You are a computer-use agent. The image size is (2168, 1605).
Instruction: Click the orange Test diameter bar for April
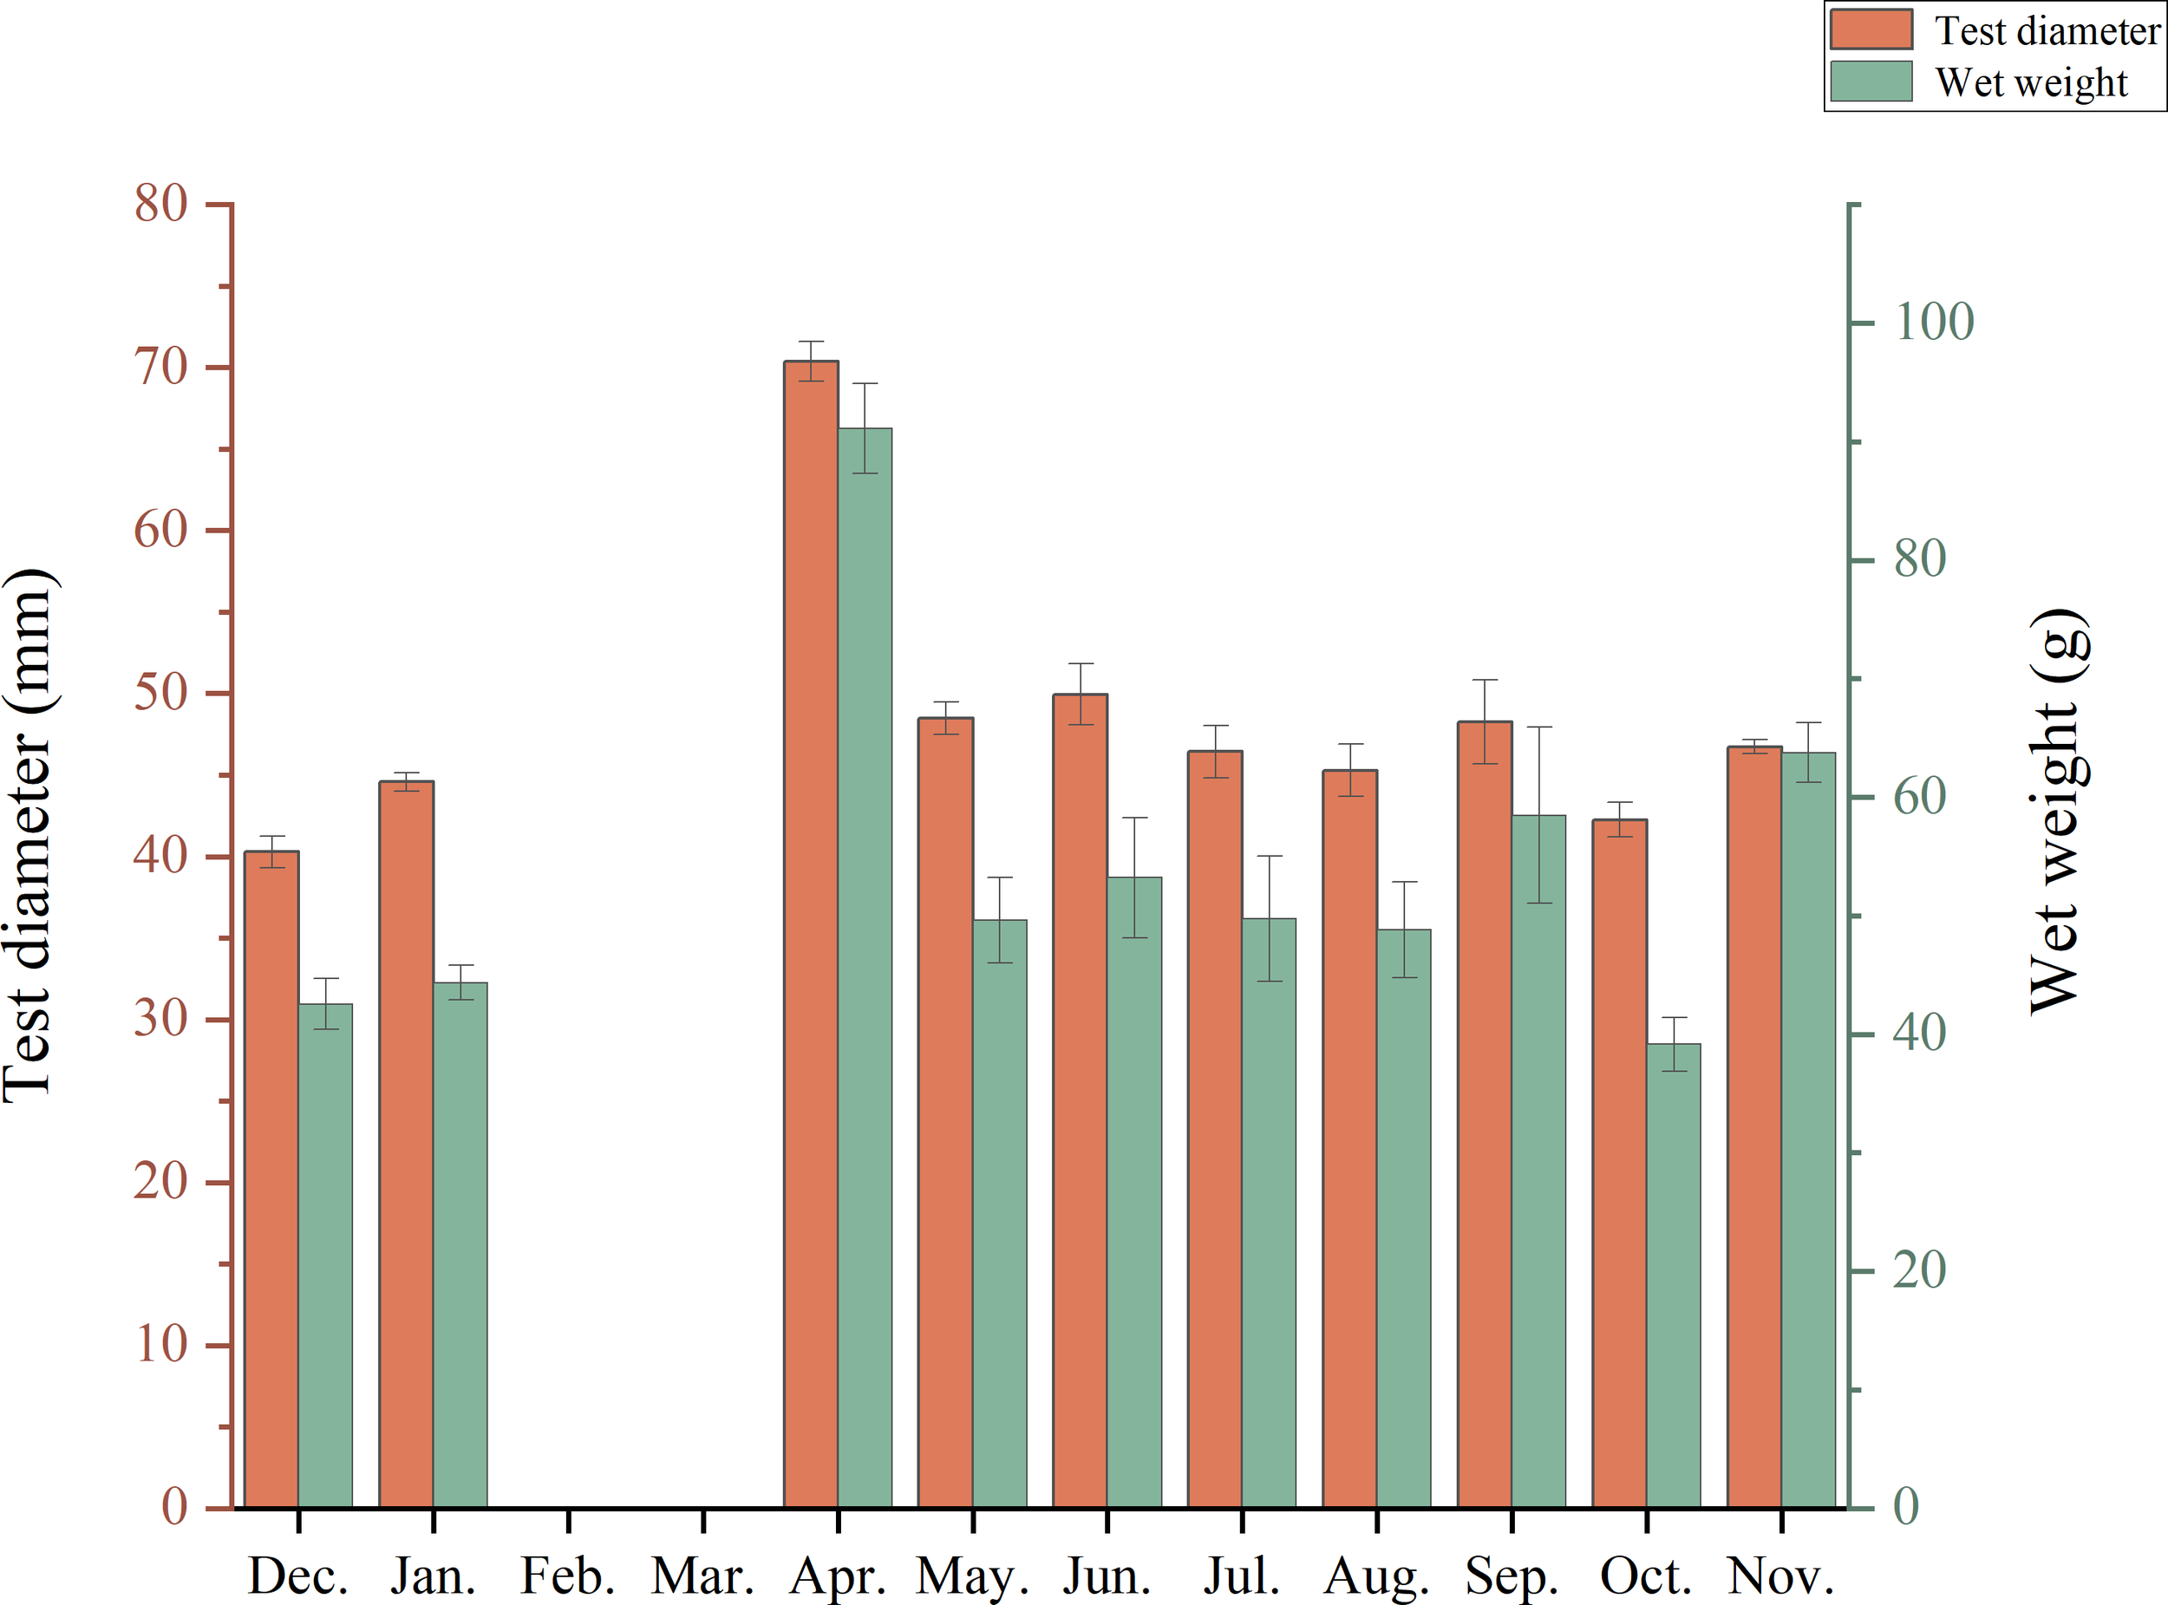coord(811,933)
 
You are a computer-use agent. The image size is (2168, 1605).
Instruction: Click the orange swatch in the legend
coord(1871,29)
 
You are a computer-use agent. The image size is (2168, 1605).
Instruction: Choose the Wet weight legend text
coord(2031,82)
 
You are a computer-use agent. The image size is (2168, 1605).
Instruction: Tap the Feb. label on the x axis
coord(567,1576)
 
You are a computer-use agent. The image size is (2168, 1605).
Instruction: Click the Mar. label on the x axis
coord(702,1576)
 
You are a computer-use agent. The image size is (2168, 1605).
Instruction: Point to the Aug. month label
coord(1376,1576)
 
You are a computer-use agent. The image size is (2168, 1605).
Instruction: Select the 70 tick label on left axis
coord(160,368)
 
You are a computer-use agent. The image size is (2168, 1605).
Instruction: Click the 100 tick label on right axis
coord(1934,322)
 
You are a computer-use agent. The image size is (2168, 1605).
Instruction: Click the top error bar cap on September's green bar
coord(1538,727)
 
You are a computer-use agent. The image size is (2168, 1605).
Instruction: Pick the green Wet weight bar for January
coord(460,1243)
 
